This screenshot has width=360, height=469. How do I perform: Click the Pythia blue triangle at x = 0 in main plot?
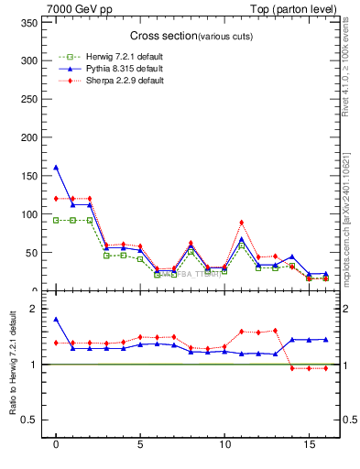(56, 167)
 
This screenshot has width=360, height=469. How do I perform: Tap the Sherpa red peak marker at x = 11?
(242, 223)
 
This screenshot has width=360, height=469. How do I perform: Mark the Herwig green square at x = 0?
(56, 220)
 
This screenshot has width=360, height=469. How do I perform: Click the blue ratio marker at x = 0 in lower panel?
(56, 319)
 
